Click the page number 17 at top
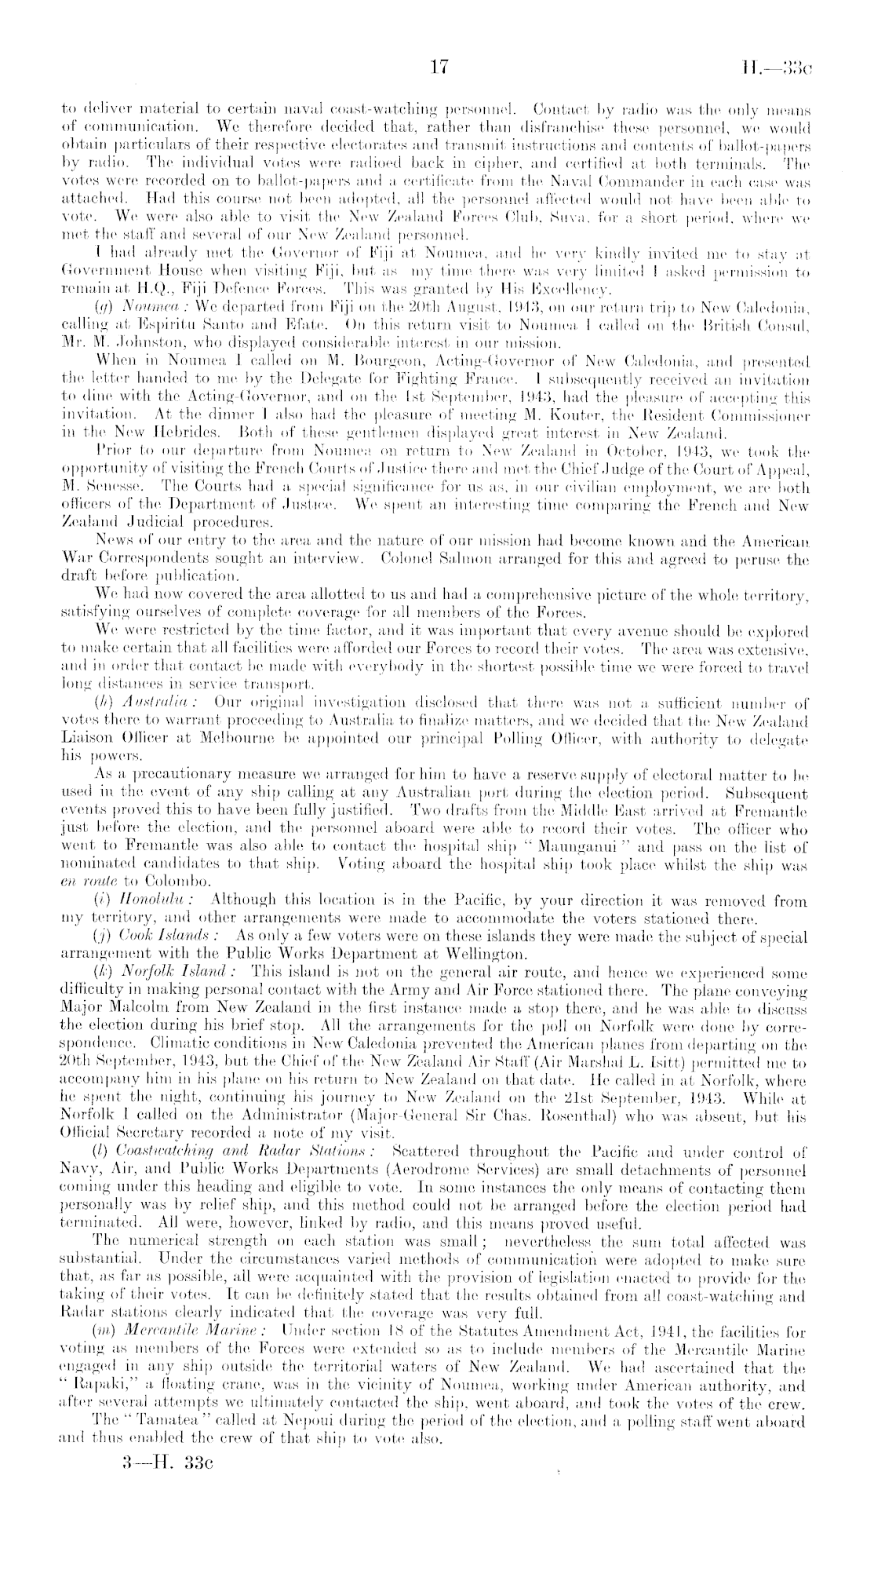coord(436,68)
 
